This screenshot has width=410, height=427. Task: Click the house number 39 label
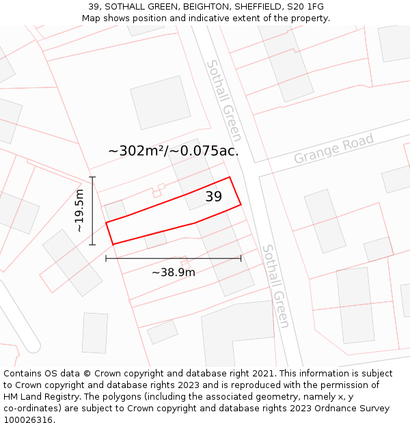click(214, 197)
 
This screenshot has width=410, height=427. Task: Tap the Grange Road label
click(334, 149)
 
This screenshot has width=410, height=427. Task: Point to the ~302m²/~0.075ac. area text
click(174, 151)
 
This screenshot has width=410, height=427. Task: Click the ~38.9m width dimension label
click(174, 272)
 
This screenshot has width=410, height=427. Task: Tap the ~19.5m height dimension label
click(80, 211)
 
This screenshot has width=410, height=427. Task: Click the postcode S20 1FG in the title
click(305, 7)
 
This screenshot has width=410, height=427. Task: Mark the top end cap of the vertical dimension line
click(92, 177)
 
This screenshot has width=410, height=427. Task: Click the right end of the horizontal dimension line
click(241, 258)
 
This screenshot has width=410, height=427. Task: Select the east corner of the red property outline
click(241, 204)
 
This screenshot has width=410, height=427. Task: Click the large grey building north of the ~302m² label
click(161, 102)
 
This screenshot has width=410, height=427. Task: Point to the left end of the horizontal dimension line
click(106, 258)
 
